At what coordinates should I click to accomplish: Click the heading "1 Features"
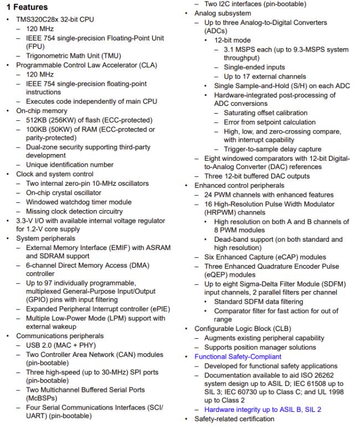(27, 7)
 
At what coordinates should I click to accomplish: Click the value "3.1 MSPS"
(239, 49)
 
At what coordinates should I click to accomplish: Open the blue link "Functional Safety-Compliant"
(237, 356)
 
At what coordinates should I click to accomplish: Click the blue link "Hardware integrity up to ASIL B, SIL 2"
(263, 410)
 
